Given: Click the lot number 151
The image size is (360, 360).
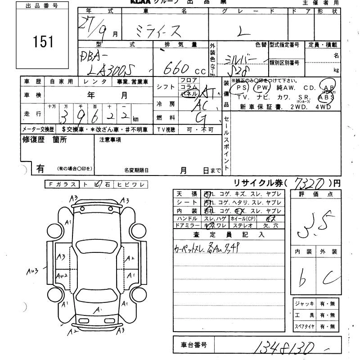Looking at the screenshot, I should coord(43,41).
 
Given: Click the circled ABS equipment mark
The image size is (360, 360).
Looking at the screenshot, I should coord(326,97).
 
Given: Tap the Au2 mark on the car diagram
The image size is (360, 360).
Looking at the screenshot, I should coord(62,275).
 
